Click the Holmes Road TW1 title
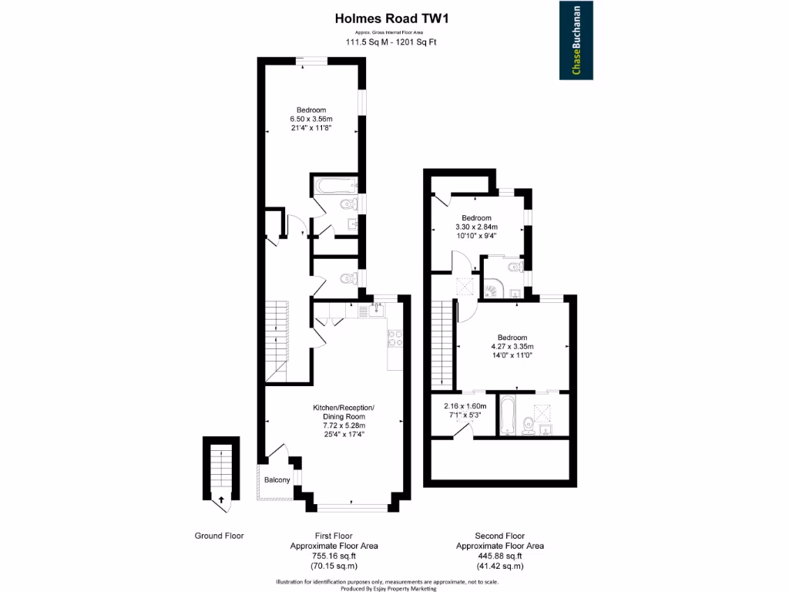(x=391, y=16)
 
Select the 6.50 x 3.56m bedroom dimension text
(x=311, y=119)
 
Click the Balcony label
(x=277, y=480)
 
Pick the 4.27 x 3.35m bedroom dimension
(x=512, y=347)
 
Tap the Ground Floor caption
(x=219, y=536)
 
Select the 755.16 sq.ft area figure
(x=334, y=556)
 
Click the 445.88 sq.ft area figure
(x=500, y=556)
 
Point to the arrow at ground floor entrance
(x=222, y=499)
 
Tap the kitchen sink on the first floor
(x=375, y=311)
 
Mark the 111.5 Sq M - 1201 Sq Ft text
(x=391, y=43)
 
